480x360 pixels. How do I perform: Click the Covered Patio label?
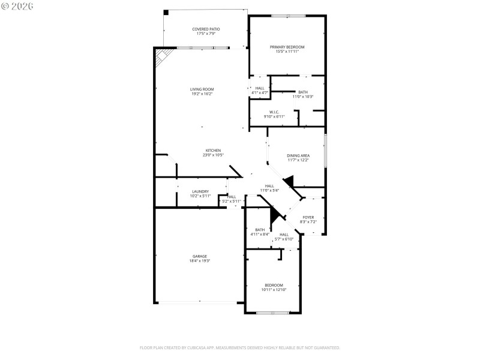(206, 31)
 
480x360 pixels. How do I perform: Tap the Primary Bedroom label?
(287, 49)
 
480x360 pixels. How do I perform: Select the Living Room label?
(202, 91)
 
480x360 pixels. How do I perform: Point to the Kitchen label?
(213, 152)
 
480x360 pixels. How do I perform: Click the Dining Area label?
(298, 158)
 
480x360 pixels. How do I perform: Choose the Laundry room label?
(200, 194)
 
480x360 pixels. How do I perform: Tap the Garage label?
(200, 259)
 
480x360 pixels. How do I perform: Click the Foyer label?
(308, 220)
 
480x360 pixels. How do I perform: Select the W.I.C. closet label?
(274, 114)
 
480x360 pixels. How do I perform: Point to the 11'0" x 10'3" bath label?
(303, 94)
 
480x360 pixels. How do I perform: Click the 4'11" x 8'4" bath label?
(260, 232)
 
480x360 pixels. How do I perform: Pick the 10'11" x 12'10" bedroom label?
(274, 287)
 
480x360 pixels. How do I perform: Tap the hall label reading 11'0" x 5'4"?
(269, 188)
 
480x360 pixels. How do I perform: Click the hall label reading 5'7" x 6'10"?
(284, 236)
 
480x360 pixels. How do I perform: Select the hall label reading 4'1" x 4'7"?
(260, 91)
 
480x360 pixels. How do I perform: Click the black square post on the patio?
(166, 12)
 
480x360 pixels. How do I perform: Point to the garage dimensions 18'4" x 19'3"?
(200, 261)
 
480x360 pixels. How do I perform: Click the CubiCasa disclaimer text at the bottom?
(240, 347)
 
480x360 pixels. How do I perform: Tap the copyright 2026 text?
(17, 5)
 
